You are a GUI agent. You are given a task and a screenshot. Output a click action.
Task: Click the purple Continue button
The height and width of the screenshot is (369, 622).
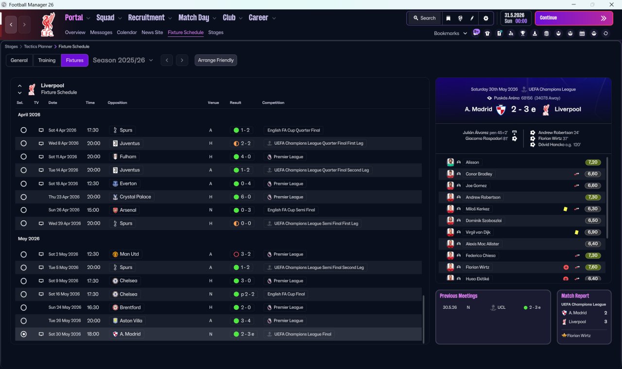tap(574, 18)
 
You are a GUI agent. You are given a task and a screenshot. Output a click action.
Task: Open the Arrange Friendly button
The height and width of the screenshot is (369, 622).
tap(216, 60)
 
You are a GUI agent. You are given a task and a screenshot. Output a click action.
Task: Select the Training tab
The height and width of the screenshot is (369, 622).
tap(47, 60)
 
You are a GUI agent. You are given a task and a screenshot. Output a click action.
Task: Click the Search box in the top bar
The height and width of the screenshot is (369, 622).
tap(425, 18)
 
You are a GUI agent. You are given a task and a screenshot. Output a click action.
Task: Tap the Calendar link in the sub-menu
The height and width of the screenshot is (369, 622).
tap(127, 33)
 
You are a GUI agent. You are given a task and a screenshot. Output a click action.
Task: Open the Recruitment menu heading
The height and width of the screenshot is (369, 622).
tap(146, 18)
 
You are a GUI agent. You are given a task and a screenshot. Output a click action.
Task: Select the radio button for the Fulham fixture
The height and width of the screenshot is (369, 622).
tap(24, 157)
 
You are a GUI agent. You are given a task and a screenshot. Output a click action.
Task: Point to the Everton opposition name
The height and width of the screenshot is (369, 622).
tap(128, 184)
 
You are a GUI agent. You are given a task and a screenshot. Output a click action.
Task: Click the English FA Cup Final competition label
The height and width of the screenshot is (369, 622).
tap(286, 294)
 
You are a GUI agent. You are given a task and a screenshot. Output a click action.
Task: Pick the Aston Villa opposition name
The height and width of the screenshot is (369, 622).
tap(131, 321)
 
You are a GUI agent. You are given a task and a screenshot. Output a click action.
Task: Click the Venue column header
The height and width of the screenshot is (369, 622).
tap(213, 102)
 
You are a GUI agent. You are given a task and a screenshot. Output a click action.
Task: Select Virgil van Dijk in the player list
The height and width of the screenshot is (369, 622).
tap(478, 232)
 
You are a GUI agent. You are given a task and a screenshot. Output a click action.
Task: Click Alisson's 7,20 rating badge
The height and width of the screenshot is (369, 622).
tap(592, 162)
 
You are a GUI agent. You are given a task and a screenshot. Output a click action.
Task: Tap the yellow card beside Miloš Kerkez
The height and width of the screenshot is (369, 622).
tap(565, 209)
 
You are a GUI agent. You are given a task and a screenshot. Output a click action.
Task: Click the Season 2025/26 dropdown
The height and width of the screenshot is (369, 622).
tap(123, 60)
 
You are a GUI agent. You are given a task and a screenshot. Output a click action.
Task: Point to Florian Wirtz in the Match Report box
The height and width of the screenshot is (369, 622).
tap(579, 335)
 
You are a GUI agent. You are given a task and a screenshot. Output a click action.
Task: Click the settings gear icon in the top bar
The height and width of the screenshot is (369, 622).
tap(485, 18)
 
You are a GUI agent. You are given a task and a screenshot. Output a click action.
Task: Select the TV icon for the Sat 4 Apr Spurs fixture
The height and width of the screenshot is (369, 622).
tap(41, 130)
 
